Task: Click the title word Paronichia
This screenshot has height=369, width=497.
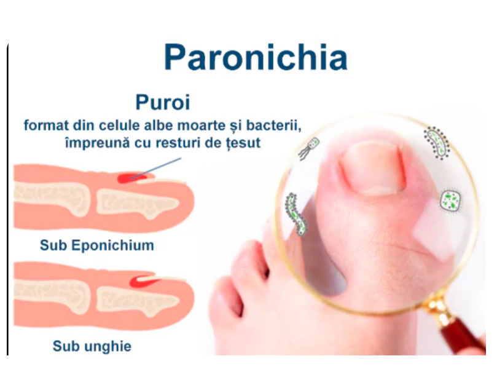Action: [x=256, y=57]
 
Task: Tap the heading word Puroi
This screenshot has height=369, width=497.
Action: [x=163, y=102]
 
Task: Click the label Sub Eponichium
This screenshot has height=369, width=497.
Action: [x=97, y=245]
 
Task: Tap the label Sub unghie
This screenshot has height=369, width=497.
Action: [x=92, y=346]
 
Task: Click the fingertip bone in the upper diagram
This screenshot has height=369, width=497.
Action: [x=136, y=203]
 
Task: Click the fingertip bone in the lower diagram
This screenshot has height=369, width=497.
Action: [x=136, y=301]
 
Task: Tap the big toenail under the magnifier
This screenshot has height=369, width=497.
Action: [x=374, y=169]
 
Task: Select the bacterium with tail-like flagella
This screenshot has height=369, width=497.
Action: [x=309, y=148]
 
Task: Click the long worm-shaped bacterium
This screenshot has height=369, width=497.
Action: [x=295, y=214]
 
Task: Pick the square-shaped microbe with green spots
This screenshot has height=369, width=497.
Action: [x=450, y=200]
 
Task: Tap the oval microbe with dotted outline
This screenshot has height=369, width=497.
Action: [x=437, y=143]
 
